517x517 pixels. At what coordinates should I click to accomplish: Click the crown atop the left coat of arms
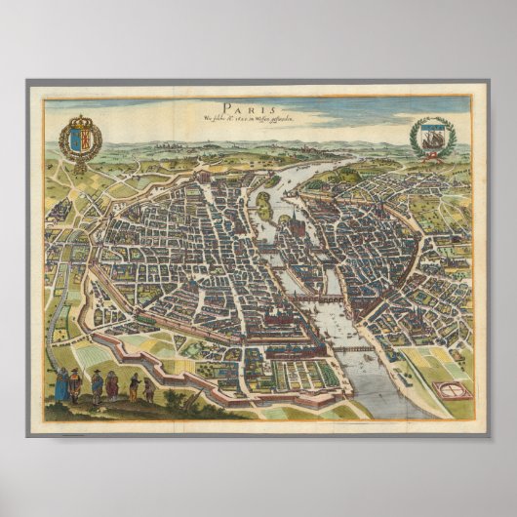pos(80,122)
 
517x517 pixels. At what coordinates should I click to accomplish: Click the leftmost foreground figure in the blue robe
pos(60,384)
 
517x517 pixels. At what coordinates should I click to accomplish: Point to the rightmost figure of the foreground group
pos(149,390)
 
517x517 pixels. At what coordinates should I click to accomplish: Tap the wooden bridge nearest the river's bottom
pos(353,348)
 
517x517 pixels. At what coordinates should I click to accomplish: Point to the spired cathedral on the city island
pos(291,224)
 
